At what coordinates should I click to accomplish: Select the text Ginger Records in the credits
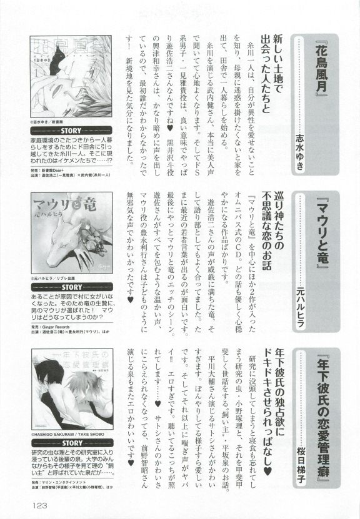[57, 326]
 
